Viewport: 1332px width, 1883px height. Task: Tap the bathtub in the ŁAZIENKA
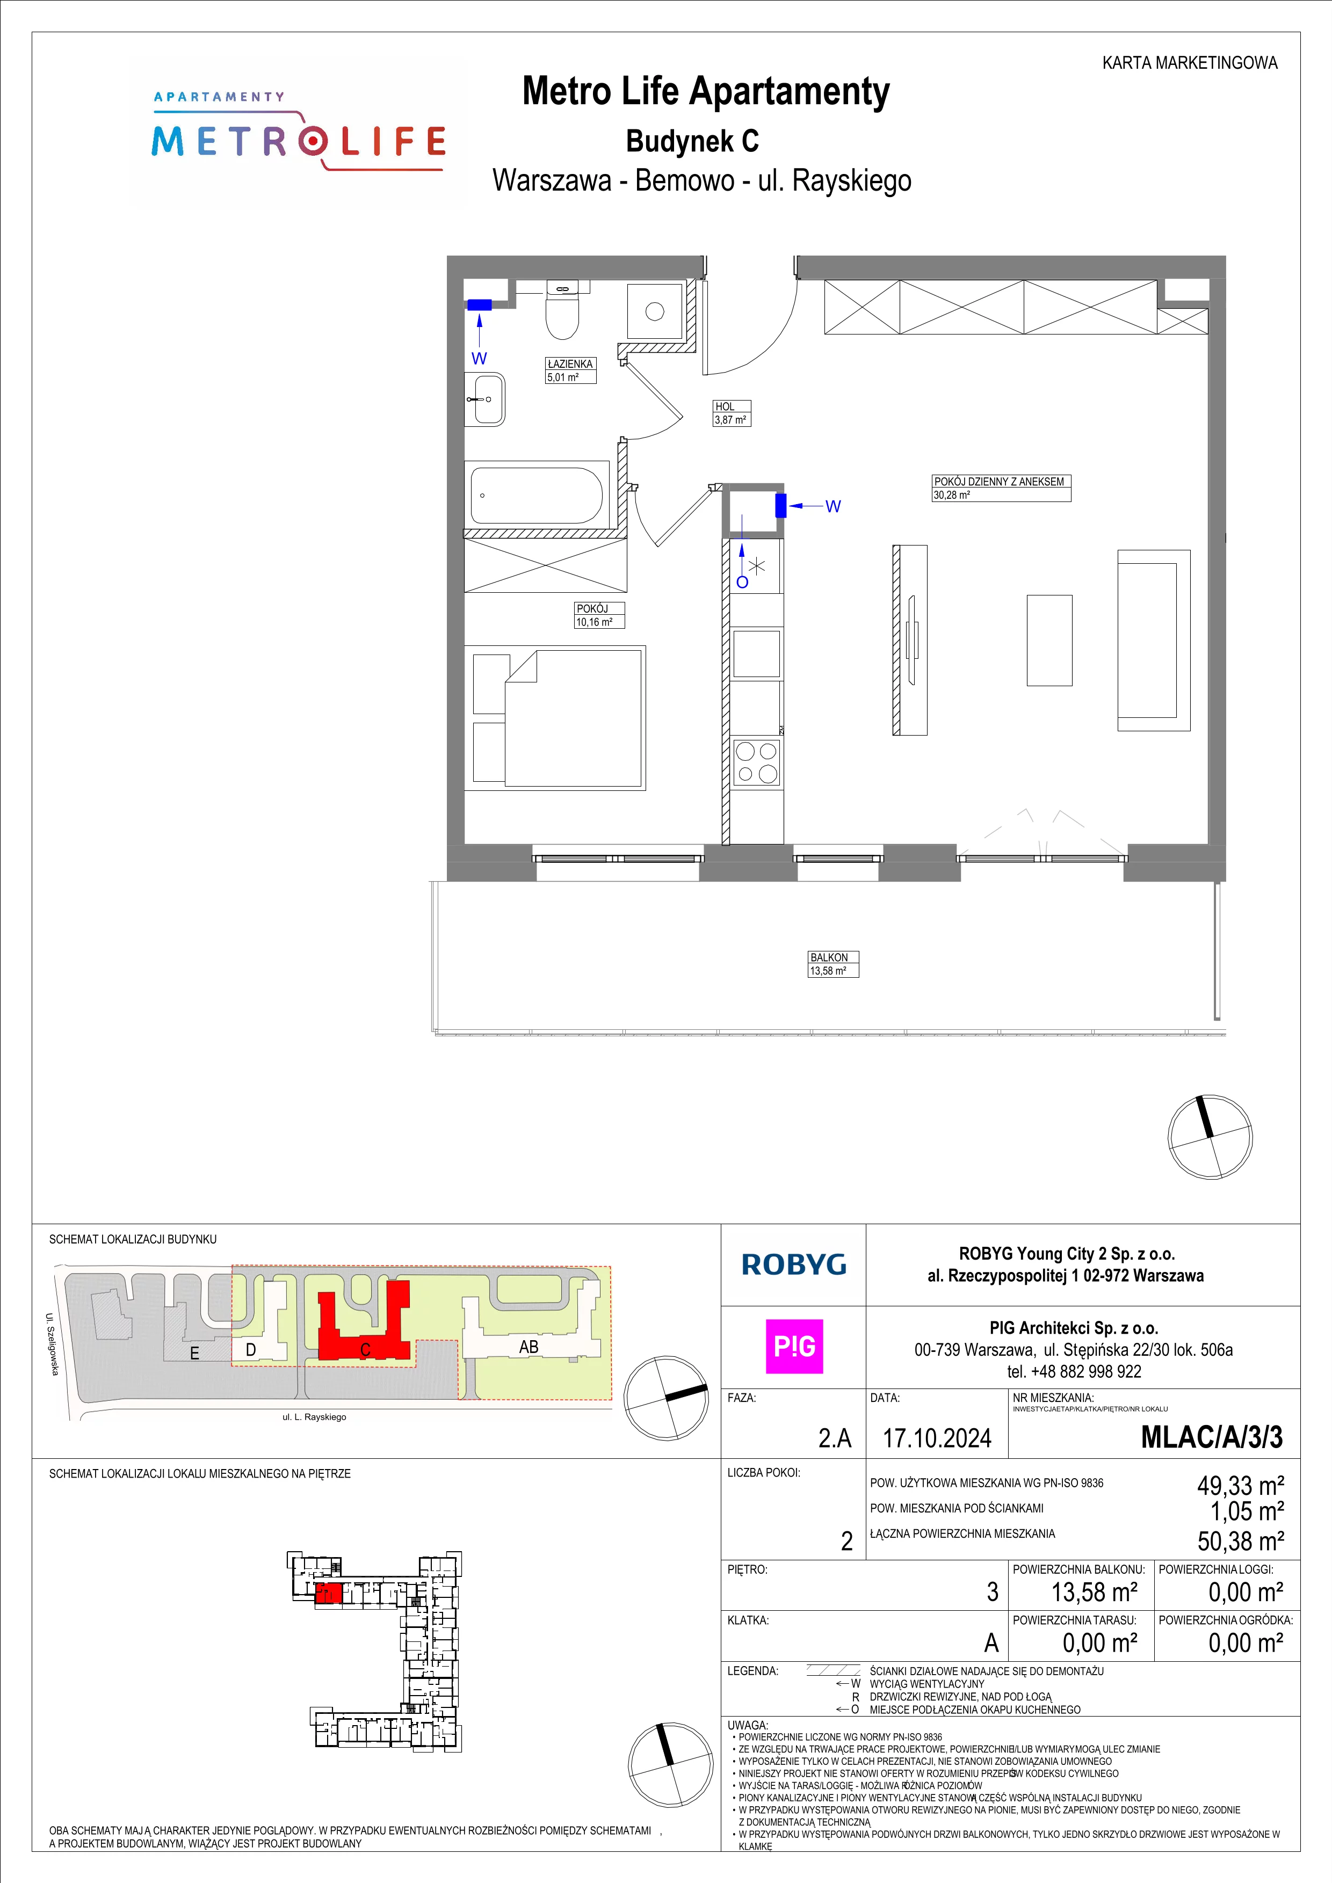point(537,496)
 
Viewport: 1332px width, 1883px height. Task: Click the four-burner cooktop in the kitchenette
point(756,763)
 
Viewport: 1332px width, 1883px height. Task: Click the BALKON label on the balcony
point(829,957)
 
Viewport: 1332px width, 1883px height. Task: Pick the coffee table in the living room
point(1049,639)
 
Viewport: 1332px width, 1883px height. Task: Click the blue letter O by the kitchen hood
point(742,582)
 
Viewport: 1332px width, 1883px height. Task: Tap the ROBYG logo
point(794,1264)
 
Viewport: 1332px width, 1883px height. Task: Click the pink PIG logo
point(794,1347)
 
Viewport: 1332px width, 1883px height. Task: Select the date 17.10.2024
point(937,1438)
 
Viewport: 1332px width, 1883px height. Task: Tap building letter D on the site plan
point(251,1349)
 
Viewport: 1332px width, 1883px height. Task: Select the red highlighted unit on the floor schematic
point(328,1594)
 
